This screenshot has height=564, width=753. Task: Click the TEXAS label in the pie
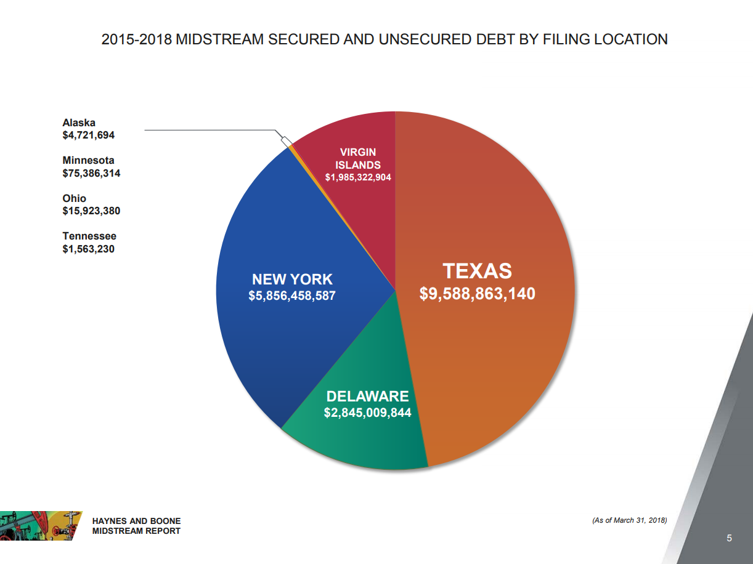[x=477, y=271]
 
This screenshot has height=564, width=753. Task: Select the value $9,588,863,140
[x=477, y=294]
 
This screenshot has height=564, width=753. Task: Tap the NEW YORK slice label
[x=291, y=280]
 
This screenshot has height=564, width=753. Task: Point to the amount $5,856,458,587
[x=291, y=296]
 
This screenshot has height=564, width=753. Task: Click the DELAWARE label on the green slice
[x=367, y=396]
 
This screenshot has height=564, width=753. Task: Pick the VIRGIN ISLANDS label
[x=357, y=158]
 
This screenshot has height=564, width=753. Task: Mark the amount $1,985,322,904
[x=358, y=177]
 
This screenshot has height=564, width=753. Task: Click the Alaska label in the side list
[x=79, y=123]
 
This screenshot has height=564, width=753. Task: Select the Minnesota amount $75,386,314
[x=91, y=173]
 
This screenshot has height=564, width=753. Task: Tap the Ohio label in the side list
[x=74, y=198]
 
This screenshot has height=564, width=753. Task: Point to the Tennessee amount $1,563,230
[x=88, y=249]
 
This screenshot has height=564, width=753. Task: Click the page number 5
[x=729, y=539]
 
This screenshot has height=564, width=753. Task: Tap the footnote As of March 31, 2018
[x=629, y=521]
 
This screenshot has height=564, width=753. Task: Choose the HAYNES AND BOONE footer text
[x=136, y=521]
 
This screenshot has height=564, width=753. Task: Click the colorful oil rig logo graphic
[x=38, y=525]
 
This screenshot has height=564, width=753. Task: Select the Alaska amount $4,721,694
[x=88, y=135]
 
